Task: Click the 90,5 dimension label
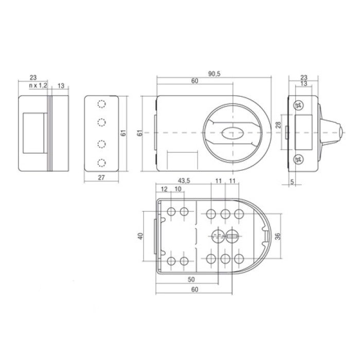click(214, 74)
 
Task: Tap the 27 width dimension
click(101, 177)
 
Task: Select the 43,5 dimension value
click(184, 181)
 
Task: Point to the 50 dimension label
click(191, 279)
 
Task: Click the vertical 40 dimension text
click(140, 236)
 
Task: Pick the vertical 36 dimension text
click(278, 236)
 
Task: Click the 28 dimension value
click(278, 125)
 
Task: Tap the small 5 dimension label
click(292, 182)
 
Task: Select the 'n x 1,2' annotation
click(38, 86)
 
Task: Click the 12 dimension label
click(164, 189)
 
